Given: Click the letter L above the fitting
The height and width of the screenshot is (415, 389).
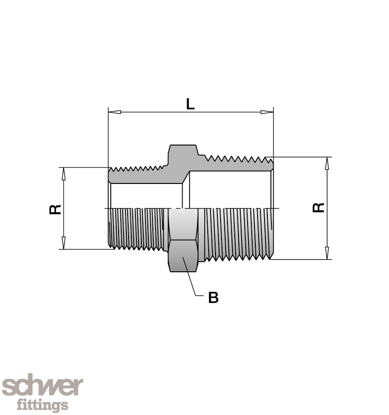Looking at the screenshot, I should pyautogui.click(x=190, y=104).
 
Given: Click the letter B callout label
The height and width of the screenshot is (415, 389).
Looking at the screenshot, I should pyautogui.click(x=213, y=298).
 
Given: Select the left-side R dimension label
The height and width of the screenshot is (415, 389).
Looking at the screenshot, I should pyautogui.click(x=55, y=209).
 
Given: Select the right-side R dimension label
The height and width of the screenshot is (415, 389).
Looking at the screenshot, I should pyautogui.click(x=319, y=208).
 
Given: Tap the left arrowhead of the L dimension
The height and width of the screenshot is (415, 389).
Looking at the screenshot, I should pyautogui.click(x=114, y=112).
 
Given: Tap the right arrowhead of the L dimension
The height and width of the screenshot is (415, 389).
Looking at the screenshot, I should pyautogui.click(x=267, y=112).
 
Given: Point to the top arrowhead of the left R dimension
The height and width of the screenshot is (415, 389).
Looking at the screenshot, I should pyautogui.click(x=64, y=173).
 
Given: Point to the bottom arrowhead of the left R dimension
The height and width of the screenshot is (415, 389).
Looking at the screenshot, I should pyautogui.click(x=64, y=243).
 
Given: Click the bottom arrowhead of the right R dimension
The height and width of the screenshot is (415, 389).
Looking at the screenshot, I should pyautogui.click(x=327, y=253).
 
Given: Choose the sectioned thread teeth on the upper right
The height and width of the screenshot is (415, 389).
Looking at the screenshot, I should pyautogui.click(x=236, y=162).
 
